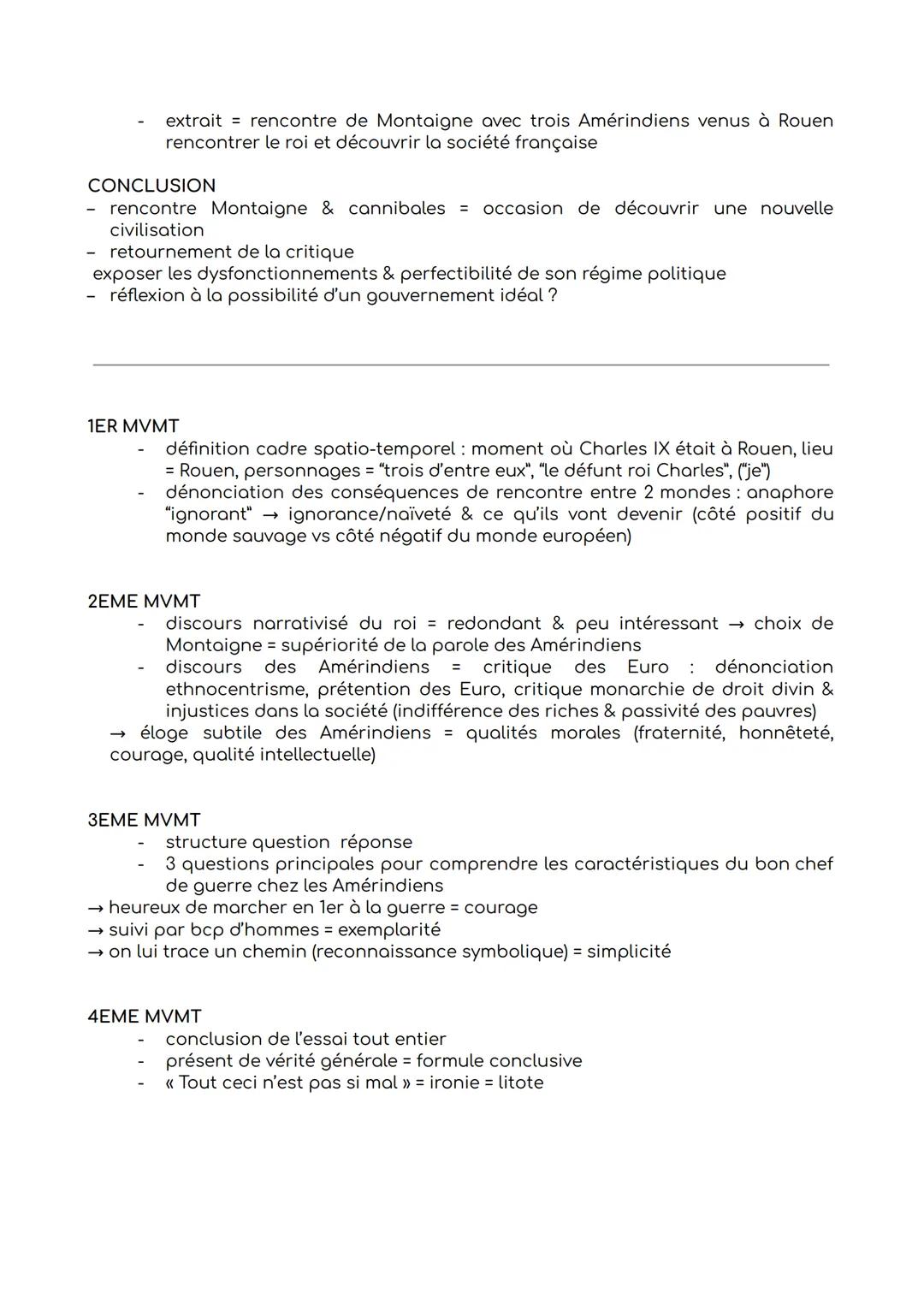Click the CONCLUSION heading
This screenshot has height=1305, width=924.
point(151,186)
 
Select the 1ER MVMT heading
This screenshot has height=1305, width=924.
point(133,426)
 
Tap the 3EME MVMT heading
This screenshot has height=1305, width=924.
point(144,820)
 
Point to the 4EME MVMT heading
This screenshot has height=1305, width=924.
point(144,1017)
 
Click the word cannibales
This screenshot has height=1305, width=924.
point(396,208)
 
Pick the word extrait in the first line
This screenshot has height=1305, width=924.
point(193,121)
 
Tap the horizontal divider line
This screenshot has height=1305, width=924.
point(460,365)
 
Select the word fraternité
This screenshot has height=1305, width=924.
point(678,733)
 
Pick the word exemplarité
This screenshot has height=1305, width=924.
point(389,929)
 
